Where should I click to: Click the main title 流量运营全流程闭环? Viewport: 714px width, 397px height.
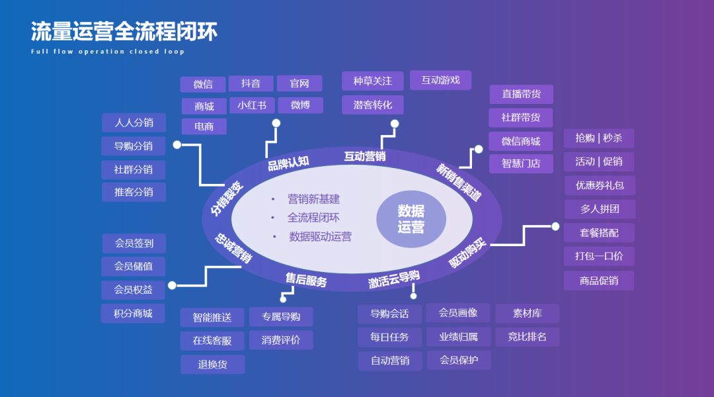(124, 31)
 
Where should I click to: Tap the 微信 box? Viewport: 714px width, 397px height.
(203, 84)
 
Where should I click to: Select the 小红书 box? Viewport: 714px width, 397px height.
(252, 105)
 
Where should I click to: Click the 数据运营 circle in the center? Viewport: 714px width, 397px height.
(411, 219)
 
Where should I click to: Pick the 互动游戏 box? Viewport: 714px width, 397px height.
(440, 80)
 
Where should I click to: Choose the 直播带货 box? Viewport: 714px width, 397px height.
(521, 94)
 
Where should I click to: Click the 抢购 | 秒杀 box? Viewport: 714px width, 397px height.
(598, 138)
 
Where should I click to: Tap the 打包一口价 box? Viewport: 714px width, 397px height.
(598, 256)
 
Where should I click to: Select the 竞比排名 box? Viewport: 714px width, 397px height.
(527, 337)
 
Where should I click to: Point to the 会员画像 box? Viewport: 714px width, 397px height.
(458, 312)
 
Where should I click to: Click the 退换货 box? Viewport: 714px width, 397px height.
(212, 364)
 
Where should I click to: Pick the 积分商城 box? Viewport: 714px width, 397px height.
(133, 313)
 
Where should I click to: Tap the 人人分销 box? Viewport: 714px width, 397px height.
(134, 122)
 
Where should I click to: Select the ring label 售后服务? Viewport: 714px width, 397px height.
(306, 280)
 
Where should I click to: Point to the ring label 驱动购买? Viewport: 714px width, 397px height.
(467, 253)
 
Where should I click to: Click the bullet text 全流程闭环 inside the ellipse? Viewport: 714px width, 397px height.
(313, 217)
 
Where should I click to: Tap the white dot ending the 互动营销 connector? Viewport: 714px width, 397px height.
(395, 124)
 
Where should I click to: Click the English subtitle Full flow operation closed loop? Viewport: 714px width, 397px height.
(108, 52)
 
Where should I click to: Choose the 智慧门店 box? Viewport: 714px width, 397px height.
(521, 163)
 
